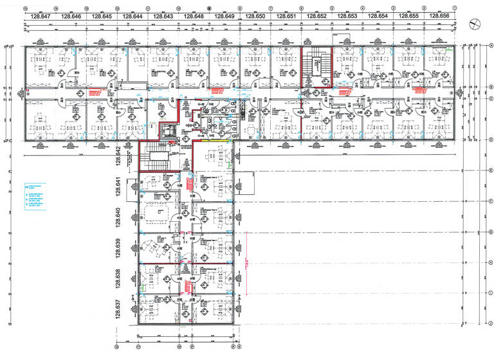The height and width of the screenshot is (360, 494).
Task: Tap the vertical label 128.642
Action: click(x=118, y=157)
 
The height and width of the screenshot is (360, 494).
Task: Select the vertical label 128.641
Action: click(x=118, y=187)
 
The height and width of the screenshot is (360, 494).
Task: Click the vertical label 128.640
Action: click(x=118, y=218)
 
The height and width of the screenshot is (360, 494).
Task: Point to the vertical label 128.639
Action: click(x=118, y=248)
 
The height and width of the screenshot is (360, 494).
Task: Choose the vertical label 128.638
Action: click(x=118, y=279)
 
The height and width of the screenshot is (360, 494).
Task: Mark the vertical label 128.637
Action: click(x=118, y=309)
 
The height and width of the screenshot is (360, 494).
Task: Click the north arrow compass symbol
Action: click(x=475, y=23)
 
